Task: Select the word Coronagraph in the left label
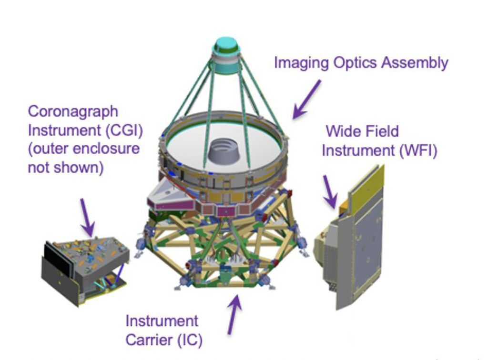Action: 73,112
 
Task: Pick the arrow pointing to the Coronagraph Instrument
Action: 87,217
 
